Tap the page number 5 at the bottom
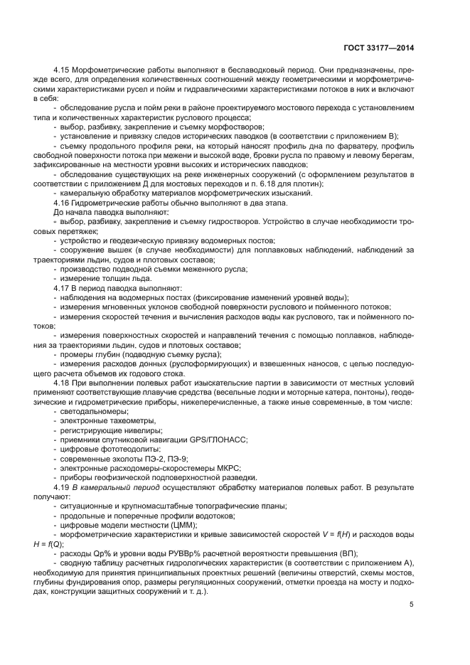(412, 605)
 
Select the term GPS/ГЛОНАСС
(215, 440)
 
